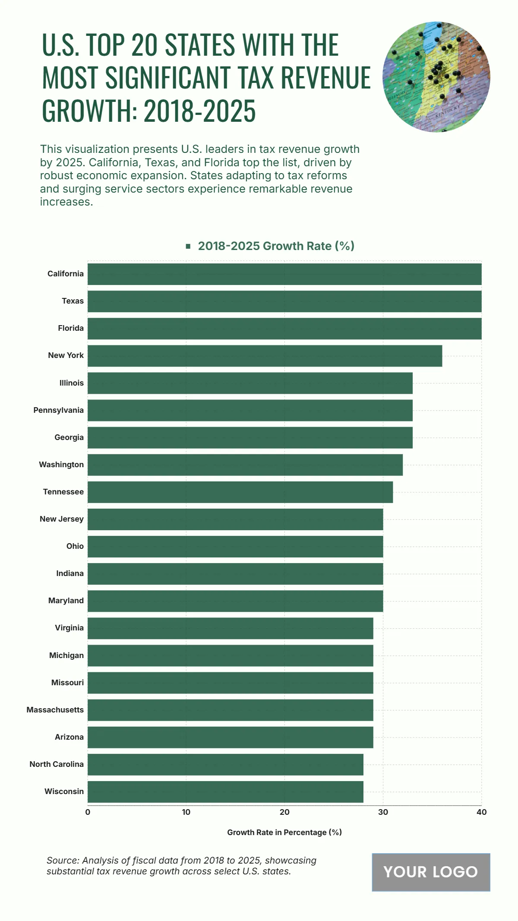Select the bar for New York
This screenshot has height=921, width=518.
pos(265,356)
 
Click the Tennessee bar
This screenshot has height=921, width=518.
pos(240,492)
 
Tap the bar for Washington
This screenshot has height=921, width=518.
pos(245,465)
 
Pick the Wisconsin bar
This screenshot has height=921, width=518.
pos(225,792)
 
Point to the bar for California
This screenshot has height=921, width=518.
pos(284,274)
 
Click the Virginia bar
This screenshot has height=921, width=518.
pos(230,628)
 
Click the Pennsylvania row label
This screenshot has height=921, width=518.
pos(59,410)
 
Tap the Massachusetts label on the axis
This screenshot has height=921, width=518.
pos(55,710)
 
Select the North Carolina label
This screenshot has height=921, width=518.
pos(57,764)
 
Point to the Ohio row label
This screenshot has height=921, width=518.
pos(75,546)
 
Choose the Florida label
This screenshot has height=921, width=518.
pos(71,328)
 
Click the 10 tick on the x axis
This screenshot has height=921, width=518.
pos(186,812)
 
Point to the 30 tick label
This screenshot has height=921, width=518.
pos(383,812)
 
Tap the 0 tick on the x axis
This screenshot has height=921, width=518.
pos(88,812)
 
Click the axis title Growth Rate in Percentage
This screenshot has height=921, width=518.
pos(284,832)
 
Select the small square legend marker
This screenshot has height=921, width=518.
pos(188,246)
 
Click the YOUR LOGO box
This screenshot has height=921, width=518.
pos(431,872)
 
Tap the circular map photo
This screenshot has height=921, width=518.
pos(436,77)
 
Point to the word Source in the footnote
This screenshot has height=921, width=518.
pos(62,861)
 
